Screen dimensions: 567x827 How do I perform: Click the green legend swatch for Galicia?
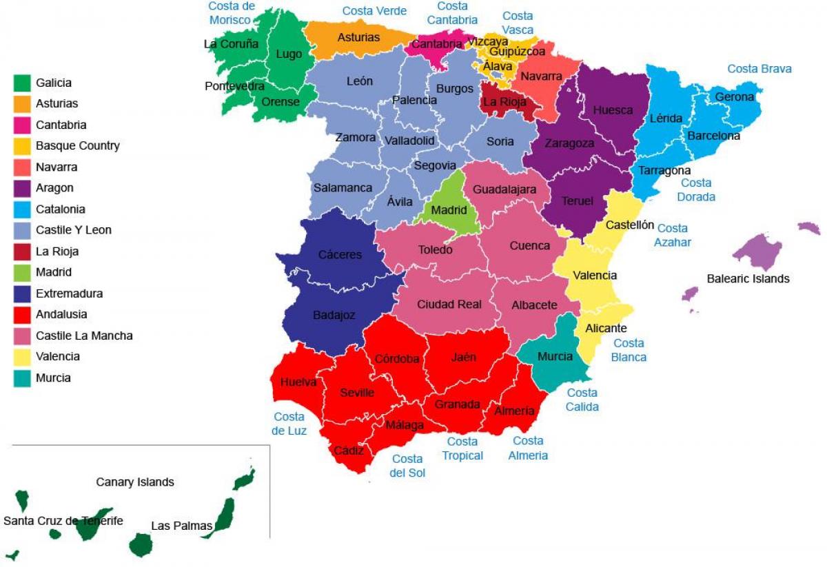[x=22, y=83]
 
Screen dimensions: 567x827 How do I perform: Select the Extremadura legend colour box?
[x=22, y=293]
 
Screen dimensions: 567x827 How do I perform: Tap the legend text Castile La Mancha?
[x=84, y=336]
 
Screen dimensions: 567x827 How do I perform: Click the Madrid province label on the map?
[x=449, y=210]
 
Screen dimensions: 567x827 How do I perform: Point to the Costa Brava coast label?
[x=759, y=69]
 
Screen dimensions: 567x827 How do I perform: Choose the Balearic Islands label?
[x=748, y=279]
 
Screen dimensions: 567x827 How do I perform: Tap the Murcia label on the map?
[x=555, y=356]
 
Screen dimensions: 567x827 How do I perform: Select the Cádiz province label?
[x=349, y=451]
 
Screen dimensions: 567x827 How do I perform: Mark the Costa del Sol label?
[x=407, y=466]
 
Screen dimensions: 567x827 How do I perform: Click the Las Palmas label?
[x=181, y=526]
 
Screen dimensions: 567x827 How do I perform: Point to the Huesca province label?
[x=613, y=110]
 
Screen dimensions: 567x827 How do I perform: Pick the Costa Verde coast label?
[x=374, y=11]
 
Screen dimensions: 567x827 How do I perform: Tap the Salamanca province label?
[x=343, y=187]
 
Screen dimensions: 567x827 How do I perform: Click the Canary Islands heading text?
[x=135, y=482]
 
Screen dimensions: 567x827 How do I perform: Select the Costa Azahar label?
[x=672, y=235]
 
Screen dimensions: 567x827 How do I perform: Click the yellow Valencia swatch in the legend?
[x=22, y=357]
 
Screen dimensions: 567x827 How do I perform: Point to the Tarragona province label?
[x=664, y=170]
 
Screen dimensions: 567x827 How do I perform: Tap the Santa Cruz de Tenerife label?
[x=63, y=521]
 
